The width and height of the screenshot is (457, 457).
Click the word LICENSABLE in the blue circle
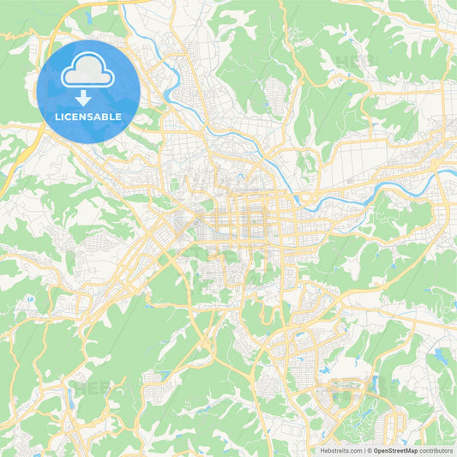click(x=88, y=117)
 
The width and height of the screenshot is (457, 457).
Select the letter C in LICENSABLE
click(x=71, y=117)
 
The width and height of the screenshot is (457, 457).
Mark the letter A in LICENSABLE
click(x=100, y=117)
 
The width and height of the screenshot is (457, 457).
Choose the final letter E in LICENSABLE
click(x=119, y=117)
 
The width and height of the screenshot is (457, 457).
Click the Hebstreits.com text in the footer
click(x=342, y=450)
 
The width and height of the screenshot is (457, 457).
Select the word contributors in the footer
click(x=436, y=450)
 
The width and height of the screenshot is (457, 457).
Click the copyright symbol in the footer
click(x=370, y=450)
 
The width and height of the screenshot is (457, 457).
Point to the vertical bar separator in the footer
click(x=364, y=450)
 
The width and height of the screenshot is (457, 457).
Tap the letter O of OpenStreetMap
click(x=376, y=450)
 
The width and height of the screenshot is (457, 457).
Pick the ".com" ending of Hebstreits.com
click(x=354, y=450)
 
